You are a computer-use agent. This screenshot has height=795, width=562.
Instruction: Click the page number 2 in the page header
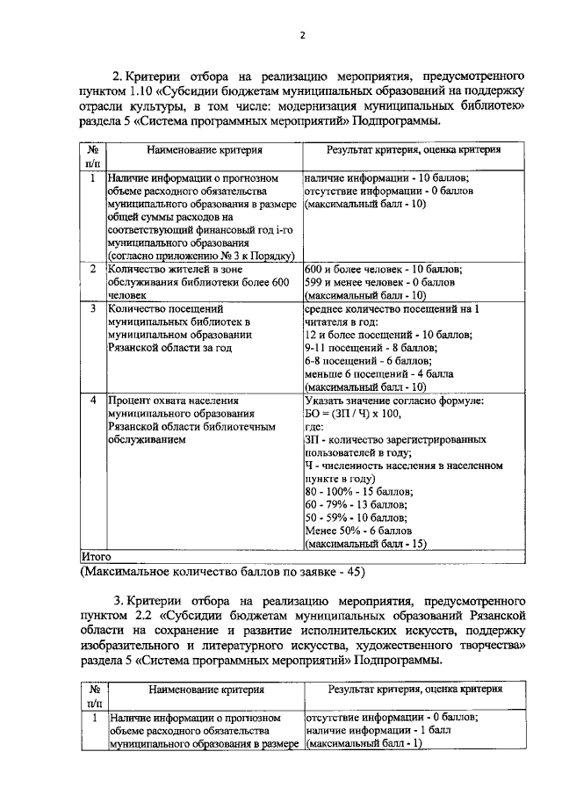[x=301, y=36]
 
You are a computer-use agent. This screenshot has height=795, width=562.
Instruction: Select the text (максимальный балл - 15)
[x=365, y=544]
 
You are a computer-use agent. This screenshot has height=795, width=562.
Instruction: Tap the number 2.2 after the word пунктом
[x=144, y=613]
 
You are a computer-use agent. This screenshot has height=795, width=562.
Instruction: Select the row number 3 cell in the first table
[x=94, y=309]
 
